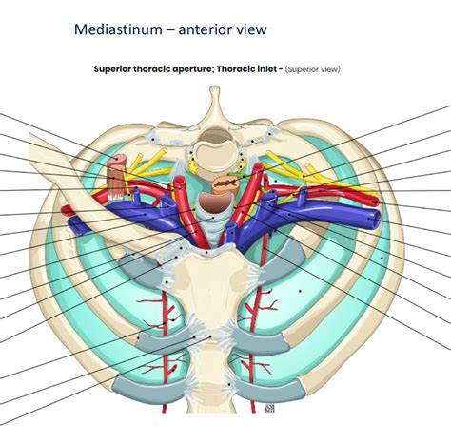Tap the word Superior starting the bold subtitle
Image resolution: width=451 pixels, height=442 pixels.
point(117,68)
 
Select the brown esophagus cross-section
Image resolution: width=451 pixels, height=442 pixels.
point(224,178)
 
